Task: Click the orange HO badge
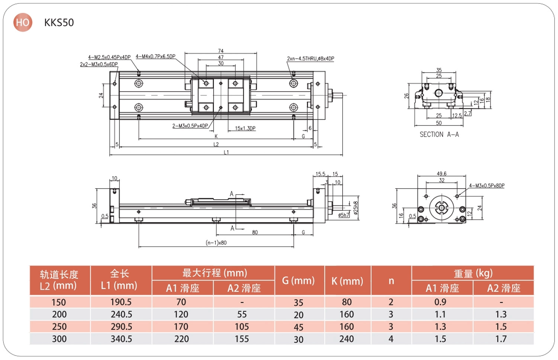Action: [23, 22]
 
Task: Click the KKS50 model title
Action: [59, 23]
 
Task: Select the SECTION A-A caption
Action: [439, 135]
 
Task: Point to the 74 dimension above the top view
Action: [221, 51]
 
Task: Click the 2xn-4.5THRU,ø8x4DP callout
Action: [310, 59]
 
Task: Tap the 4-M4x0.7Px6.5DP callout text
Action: [155, 57]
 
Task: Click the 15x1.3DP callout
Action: [245, 129]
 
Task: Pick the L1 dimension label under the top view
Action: [226, 152]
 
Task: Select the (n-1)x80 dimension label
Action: [216, 243]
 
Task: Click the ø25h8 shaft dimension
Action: [356, 208]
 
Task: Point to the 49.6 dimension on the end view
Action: [442, 174]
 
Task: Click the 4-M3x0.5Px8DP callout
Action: [487, 186]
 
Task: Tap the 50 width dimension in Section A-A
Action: [439, 123]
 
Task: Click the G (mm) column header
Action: [298, 281]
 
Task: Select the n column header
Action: [391, 281]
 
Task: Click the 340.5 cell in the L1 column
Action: [121, 339]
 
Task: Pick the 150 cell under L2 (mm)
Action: [59, 302]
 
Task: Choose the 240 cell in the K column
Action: [347, 339]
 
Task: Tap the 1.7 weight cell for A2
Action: [501, 339]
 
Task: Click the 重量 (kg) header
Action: [473, 273]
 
